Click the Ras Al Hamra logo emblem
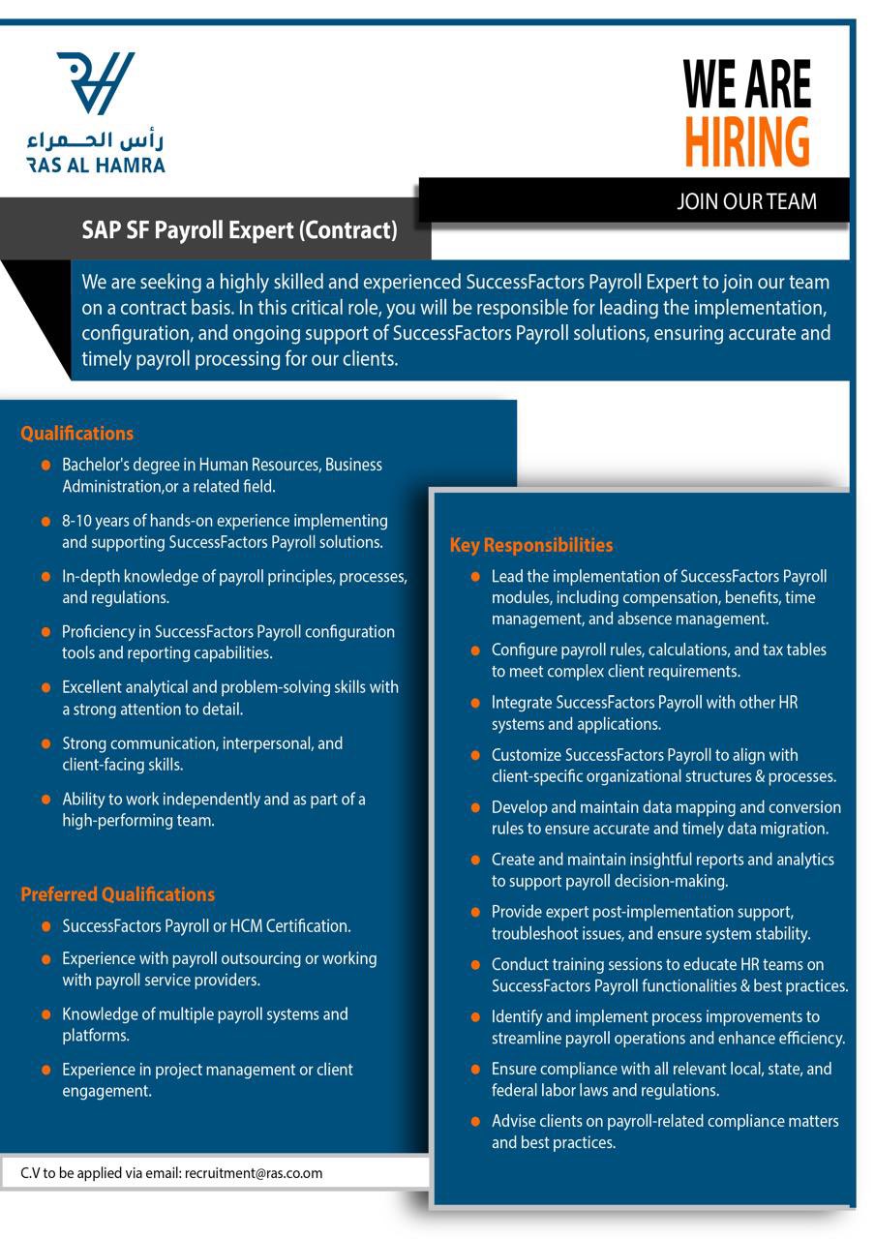(x=95, y=83)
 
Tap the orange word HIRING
(x=746, y=142)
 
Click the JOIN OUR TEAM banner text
(x=746, y=201)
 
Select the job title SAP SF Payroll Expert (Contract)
(x=239, y=230)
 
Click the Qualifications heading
(x=76, y=434)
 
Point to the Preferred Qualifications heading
(x=117, y=894)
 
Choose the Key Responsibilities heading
(x=530, y=545)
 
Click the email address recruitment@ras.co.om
(x=253, y=1173)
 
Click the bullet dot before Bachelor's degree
(x=45, y=466)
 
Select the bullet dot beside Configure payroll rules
(x=474, y=650)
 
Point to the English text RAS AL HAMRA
(x=96, y=165)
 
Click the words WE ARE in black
(x=746, y=84)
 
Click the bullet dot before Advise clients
(x=474, y=1122)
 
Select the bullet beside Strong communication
(x=45, y=744)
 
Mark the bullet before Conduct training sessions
(x=474, y=965)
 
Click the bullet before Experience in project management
(x=45, y=1070)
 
